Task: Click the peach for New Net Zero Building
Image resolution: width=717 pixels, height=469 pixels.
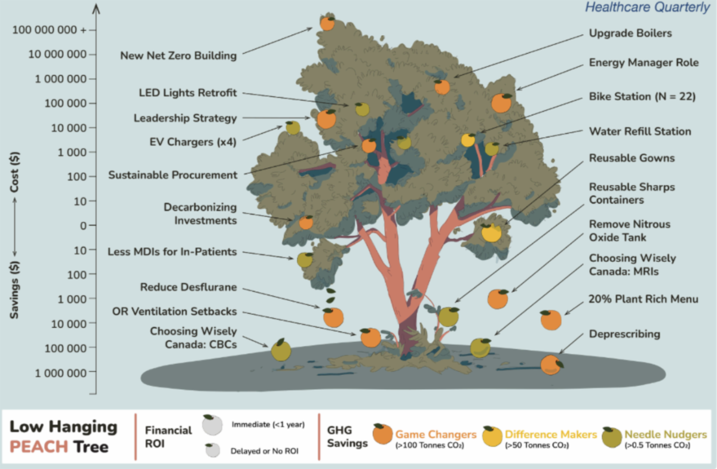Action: (327, 23)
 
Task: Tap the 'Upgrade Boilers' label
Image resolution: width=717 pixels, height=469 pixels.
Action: (630, 33)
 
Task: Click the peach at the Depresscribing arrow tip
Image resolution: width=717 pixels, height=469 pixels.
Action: (551, 364)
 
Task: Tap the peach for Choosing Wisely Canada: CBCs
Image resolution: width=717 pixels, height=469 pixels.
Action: (280, 350)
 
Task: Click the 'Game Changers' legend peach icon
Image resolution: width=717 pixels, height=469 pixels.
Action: (381, 436)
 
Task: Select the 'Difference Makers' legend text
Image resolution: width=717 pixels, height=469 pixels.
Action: (551, 434)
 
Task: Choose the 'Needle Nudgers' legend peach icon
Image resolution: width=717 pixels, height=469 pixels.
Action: (609, 436)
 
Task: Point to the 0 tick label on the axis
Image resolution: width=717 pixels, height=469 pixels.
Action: (84, 226)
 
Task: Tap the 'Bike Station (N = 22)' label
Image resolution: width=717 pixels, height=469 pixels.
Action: (642, 97)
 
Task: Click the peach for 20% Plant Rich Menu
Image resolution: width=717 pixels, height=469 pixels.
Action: (551, 320)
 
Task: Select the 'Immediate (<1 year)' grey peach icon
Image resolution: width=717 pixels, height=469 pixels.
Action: (212, 425)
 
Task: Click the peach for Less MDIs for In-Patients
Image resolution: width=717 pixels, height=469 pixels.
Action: (305, 260)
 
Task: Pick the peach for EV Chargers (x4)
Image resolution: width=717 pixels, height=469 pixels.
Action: (293, 127)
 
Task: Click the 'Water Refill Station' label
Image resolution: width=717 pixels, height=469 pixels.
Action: (640, 131)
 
